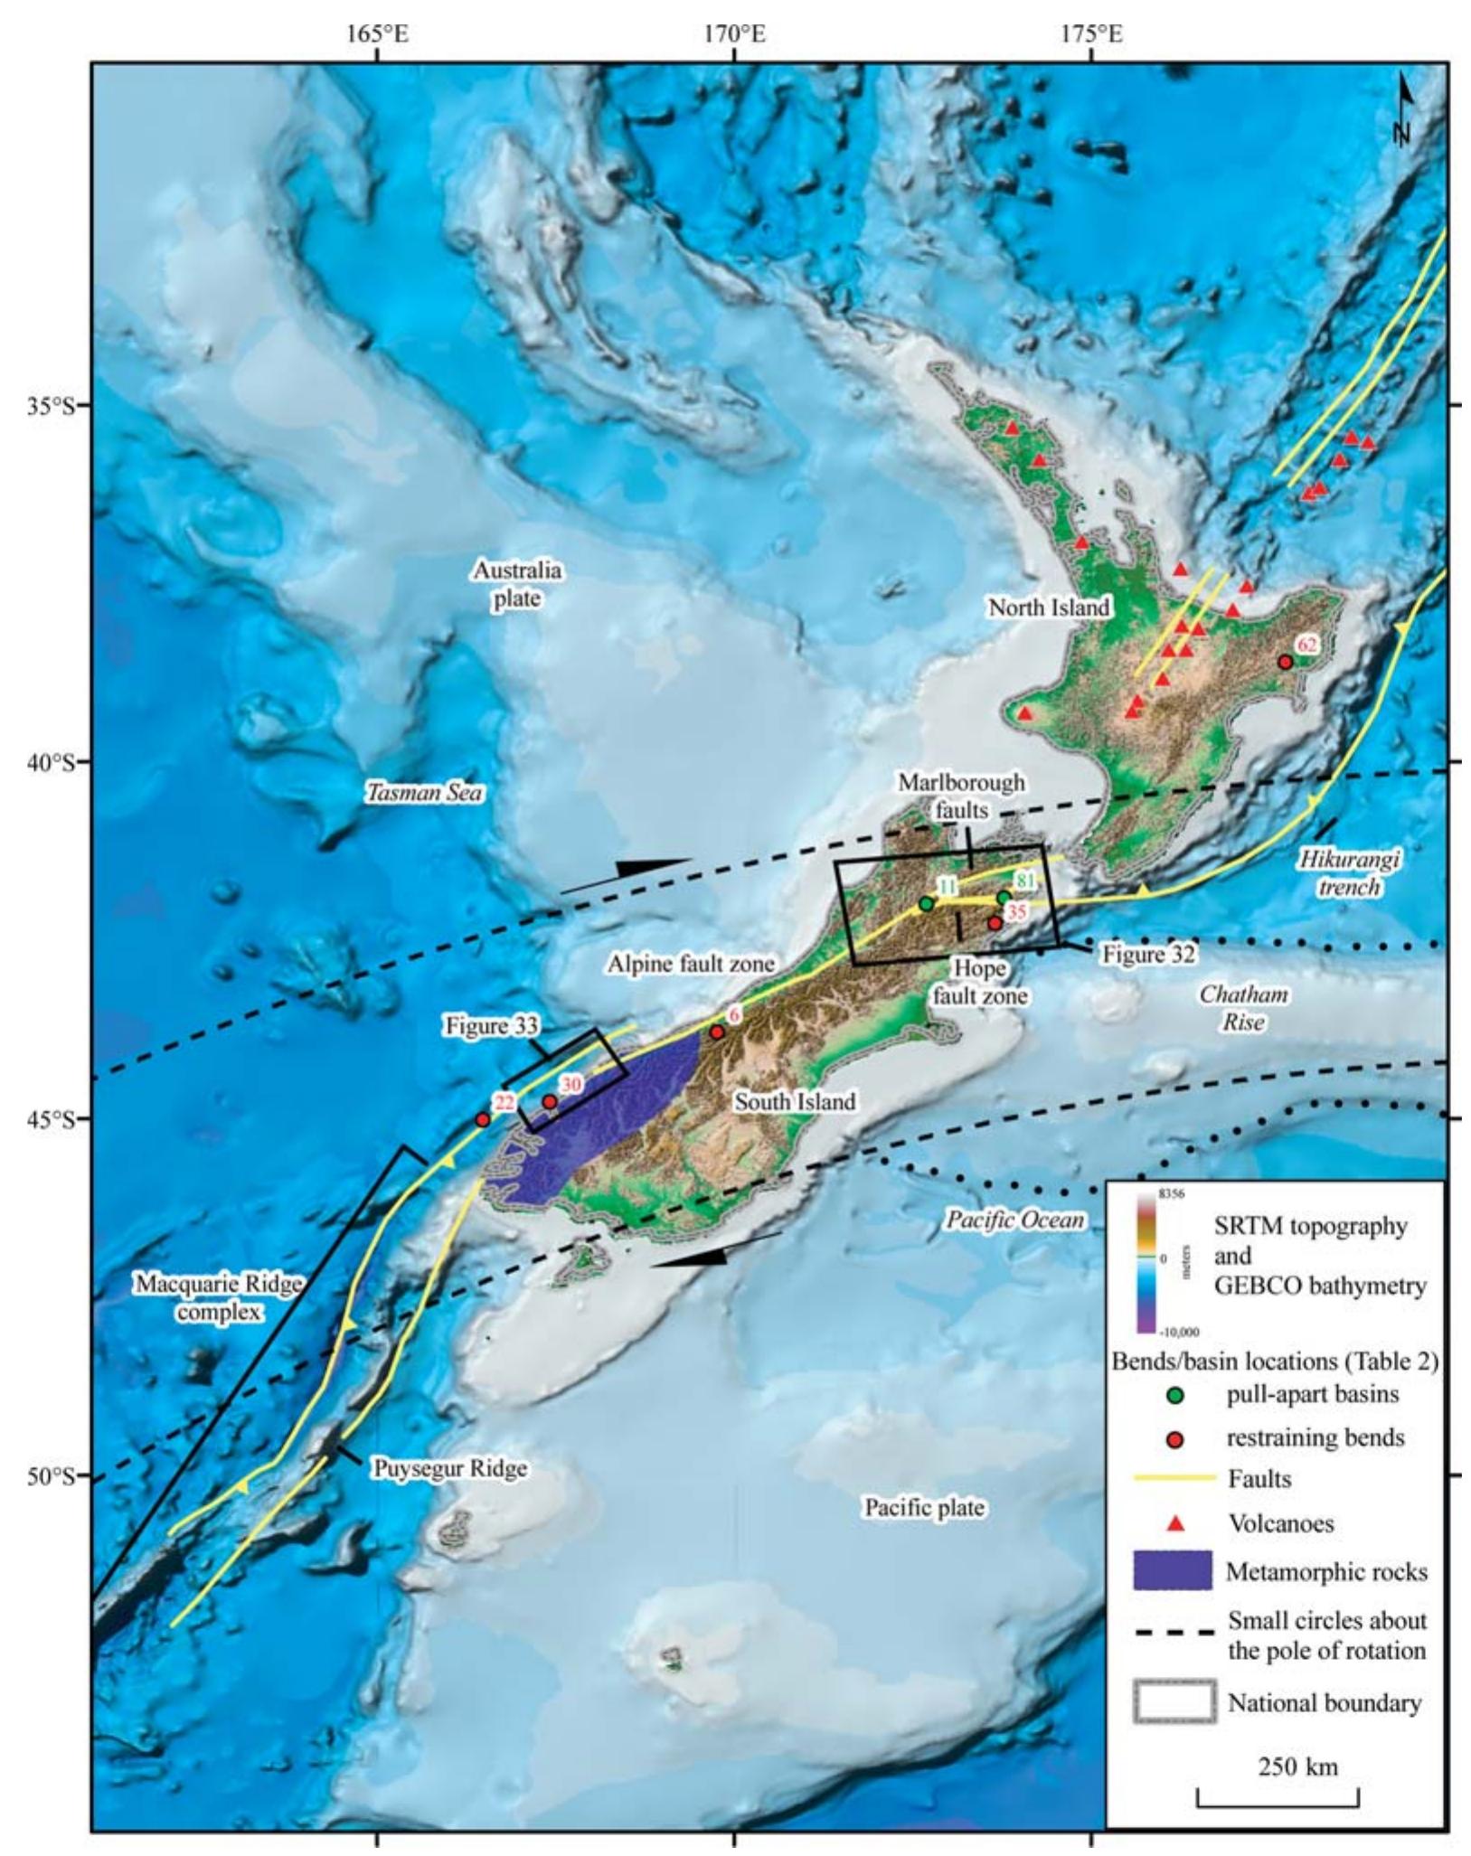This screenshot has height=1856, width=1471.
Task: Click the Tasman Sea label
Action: [423, 793]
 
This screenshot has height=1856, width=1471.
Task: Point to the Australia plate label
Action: [517, 584]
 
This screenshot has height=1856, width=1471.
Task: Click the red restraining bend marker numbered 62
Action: [1285, 662]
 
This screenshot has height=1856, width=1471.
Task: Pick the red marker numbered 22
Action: [483, 1119]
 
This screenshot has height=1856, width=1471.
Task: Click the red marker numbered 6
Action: [717, 1032]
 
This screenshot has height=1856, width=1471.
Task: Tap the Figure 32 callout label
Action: [1148, 954]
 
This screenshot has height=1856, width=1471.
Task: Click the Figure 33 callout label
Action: [491, 1025]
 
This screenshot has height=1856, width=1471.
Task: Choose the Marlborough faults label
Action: [961, 796]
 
